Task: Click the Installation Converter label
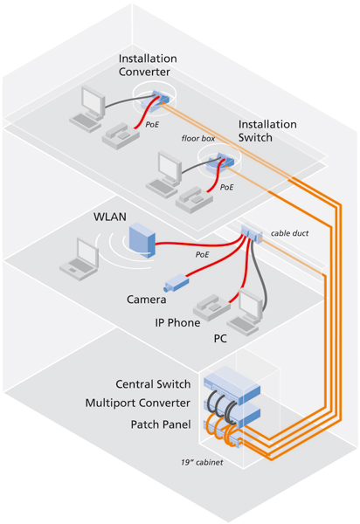(148, 65)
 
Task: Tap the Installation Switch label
(267, 131)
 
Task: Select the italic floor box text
(198, 138)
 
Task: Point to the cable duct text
(289, 233)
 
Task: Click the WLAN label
(110, 217)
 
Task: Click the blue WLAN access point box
(142, 240)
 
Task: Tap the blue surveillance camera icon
(177, 282)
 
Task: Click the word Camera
(147, 300)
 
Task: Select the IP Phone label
(177, 323)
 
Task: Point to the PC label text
(220, 339)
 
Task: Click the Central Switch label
(153, 384)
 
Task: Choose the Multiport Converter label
(138, 403)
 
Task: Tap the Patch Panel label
(161, 424)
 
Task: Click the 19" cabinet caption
(202, 463)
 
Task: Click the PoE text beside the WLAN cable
(202, 255)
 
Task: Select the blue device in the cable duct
(252, 232)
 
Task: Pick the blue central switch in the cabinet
(232, 385)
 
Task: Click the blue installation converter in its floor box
(155, 100)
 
